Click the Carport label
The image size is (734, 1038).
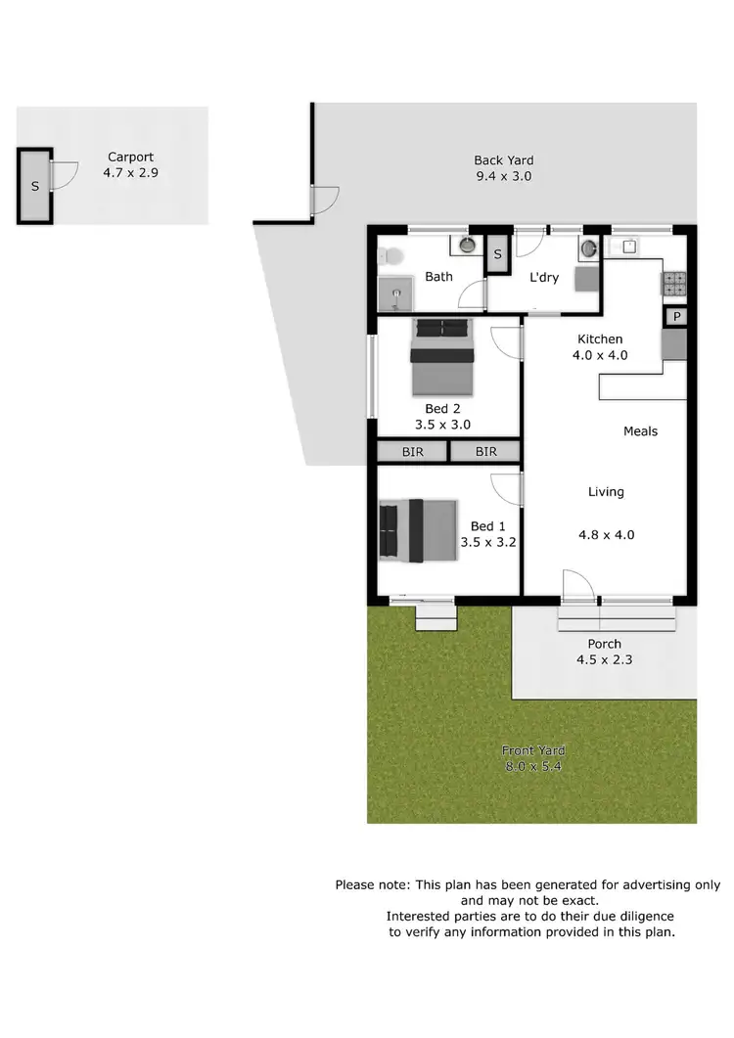click(130, 157)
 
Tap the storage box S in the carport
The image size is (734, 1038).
click(35, 186)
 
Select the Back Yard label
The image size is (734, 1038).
click(503, 160)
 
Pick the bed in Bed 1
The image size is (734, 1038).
click(418, 531)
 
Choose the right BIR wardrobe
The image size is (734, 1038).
click(485, 452)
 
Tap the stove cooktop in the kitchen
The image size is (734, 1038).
click(675, 284)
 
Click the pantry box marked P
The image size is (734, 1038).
click(677, 317)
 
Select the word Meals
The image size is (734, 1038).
click(640, 431)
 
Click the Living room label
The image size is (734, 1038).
click(606, 492)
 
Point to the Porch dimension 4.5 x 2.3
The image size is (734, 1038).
click(604, 659)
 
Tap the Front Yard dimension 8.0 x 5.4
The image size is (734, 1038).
click(533, 766)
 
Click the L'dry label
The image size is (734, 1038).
click(544, 278)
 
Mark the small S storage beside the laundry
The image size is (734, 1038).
click(497, 254)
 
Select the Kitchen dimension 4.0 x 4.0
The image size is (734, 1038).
click(599, 355)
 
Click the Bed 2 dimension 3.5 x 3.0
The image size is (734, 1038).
click(443, 425)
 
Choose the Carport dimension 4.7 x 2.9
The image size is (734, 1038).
click(130, 172)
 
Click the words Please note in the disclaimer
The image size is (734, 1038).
click(372, 884)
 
